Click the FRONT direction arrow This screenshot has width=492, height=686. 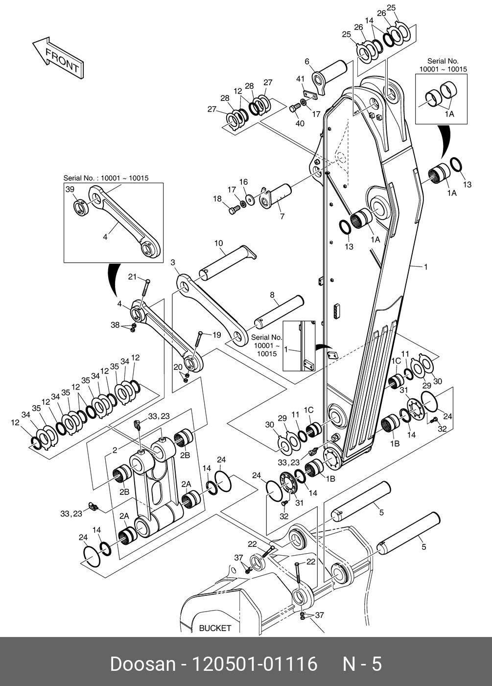[58, 58]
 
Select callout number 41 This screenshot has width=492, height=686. [301, 79]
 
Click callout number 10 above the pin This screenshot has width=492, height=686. [218, 244]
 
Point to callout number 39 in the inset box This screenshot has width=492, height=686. [70, 189]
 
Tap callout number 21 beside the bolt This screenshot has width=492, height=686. [132, 277]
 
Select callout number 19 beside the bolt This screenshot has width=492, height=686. [216, 335]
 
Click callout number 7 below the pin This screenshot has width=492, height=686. [282, 216]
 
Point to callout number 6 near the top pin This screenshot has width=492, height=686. [307, 62]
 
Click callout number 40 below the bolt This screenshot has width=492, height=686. [300, 123]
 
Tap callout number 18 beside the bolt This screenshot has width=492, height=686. [217, 199]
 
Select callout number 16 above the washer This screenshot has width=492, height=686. [243, 182]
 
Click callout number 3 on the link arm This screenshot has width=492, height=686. [173, 262]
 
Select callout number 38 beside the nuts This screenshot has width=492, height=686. [115, 324]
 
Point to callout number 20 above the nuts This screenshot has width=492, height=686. [178, 367]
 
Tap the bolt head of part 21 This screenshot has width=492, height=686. [148, 281]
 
